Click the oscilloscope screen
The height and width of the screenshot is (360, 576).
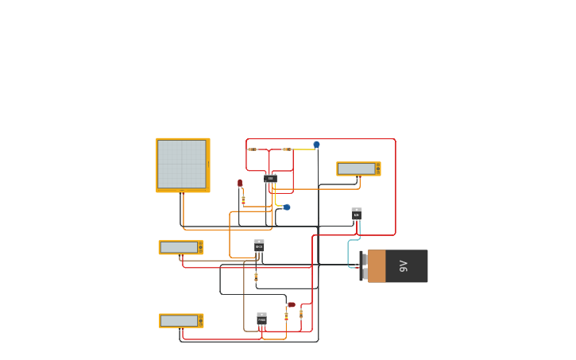(182, 164)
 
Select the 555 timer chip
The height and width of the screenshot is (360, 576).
(270, 179)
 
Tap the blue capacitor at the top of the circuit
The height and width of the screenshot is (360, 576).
(316, 145)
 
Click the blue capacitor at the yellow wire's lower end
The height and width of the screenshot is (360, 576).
(287, 207)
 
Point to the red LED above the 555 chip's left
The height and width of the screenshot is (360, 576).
(240, 183)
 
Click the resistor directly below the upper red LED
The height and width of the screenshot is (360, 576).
(243, 199)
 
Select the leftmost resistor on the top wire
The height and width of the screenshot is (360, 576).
(253, 149)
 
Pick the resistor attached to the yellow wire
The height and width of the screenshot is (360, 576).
(287, 149)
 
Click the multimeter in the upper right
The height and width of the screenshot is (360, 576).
(358, 168)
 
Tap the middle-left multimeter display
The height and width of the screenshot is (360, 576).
(179, 247)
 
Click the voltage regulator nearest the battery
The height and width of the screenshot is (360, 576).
(357, 214)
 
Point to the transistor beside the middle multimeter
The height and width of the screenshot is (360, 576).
(259, 246)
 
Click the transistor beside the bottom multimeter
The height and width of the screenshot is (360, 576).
(261, 319)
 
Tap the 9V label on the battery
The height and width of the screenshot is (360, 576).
(404, 266)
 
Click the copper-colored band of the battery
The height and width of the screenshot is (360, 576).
(377, 266)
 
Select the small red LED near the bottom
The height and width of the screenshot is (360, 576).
(291, 304)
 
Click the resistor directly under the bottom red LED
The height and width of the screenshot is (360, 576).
(286, 316)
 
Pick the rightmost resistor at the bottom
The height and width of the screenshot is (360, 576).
(300, 314)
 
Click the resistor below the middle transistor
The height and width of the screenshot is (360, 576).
(256, 277)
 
